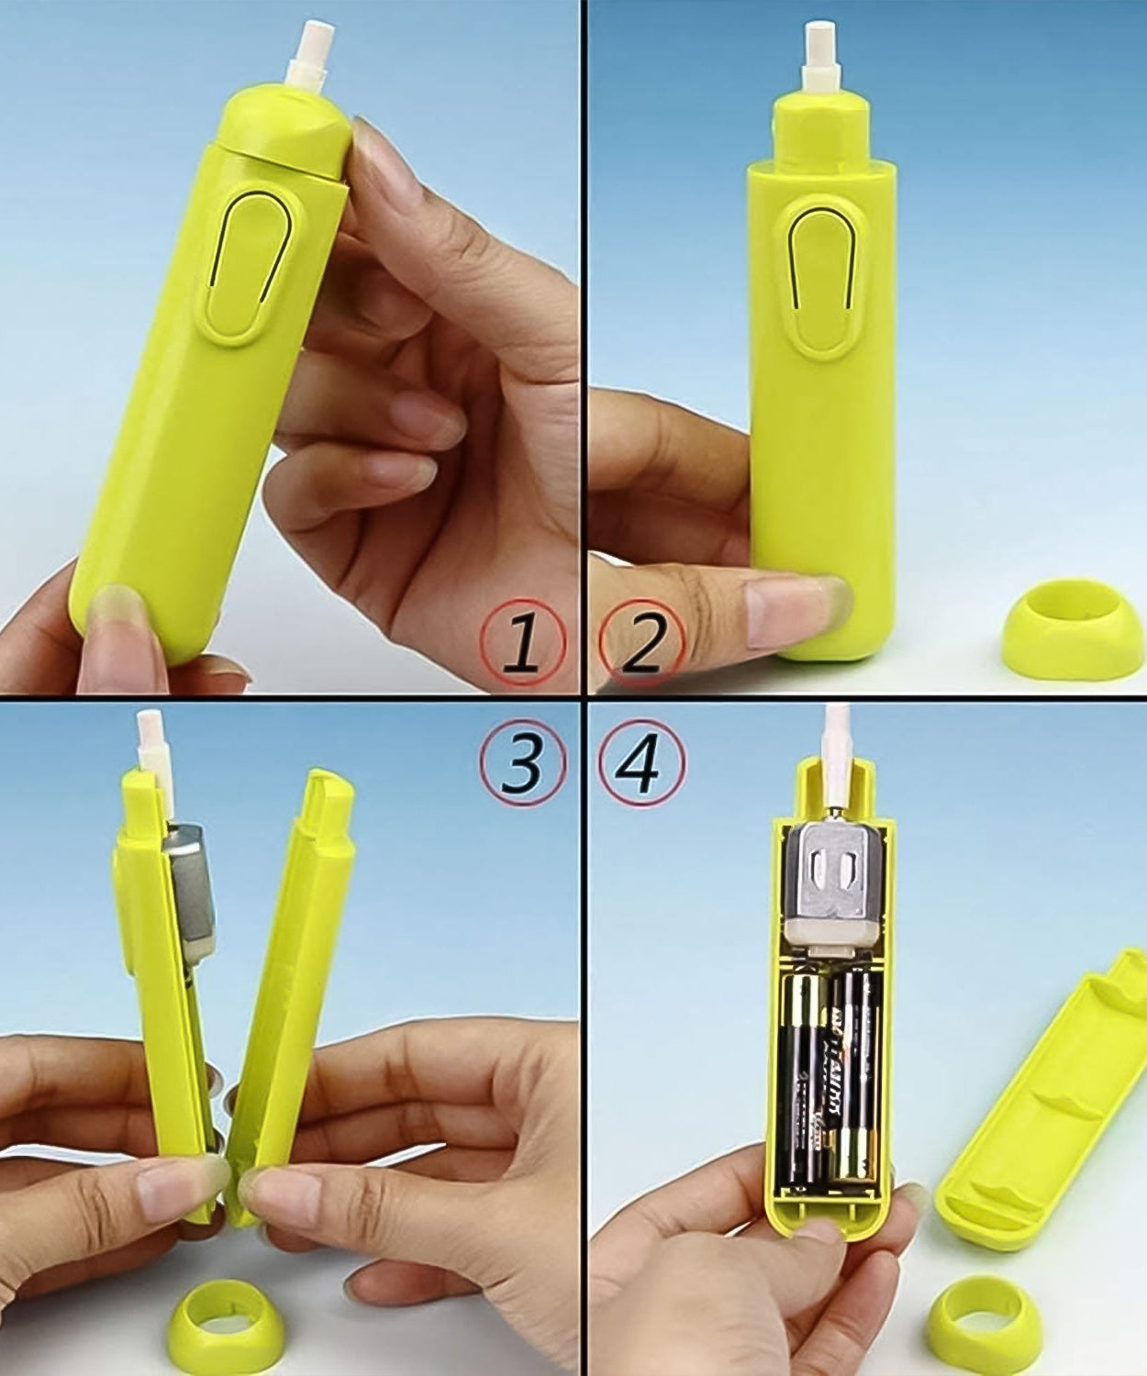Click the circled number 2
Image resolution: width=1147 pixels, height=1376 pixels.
(x=641, y=642)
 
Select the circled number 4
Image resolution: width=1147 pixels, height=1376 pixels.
(x=641, y=763)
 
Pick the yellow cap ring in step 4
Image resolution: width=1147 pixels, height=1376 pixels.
(x=984, y=1322)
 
